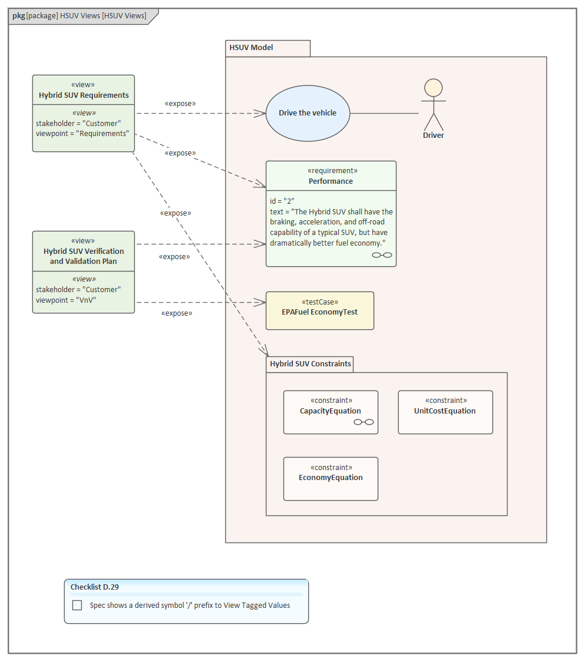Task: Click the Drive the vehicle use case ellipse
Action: (308, 113)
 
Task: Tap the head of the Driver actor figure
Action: (433, 88)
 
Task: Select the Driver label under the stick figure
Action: (433, 135)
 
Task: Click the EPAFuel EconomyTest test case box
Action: (319, 310)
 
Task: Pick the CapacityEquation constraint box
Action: (331, 412)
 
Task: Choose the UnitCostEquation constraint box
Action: (445, 412)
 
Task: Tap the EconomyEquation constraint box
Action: (331, 478)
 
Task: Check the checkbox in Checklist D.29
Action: (77, 605)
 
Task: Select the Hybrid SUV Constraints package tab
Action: (310, 364)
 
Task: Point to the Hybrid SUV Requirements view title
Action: (84, 95)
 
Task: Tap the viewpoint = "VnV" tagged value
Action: (66, 300)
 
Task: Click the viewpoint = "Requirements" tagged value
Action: (82, 134)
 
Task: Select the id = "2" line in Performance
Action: (282, 201)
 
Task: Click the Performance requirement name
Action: (331, 181)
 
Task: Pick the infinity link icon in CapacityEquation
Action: (363, 422)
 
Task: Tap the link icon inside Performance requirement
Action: (382, 255)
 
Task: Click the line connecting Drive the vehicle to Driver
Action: (384, 113)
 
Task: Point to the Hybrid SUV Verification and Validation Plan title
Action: (84, 256)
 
